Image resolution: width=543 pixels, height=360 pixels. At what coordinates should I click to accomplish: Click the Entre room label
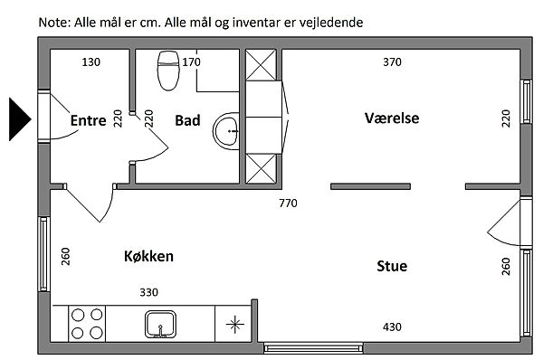89,120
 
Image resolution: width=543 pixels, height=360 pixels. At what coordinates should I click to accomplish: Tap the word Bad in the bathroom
187,120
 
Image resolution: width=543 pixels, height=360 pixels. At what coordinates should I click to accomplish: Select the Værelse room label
392,118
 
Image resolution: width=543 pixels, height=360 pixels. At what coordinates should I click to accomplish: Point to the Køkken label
148,256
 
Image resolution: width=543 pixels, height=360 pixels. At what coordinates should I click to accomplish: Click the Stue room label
392,266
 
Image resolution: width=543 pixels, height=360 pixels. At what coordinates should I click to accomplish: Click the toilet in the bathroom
168,71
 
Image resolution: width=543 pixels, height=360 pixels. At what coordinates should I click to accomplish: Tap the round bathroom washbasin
225,131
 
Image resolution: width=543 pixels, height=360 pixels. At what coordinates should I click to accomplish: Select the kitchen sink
160,324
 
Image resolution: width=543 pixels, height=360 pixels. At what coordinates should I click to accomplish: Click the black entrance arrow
20,119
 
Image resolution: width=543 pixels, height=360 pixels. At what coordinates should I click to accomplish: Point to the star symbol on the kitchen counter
234,325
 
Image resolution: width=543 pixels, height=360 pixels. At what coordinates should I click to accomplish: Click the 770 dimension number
288,204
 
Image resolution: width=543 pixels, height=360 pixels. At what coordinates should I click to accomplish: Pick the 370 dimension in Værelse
392,62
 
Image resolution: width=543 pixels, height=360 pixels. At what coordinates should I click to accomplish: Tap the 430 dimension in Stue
392,327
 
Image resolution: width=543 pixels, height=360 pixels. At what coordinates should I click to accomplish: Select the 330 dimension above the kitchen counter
149,292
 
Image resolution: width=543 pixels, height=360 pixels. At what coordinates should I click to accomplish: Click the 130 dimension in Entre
91,62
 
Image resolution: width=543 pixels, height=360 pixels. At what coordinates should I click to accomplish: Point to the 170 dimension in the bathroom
191,62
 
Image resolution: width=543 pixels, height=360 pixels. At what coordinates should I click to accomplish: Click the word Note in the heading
54,23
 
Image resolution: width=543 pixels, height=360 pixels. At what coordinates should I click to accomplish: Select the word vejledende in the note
331,23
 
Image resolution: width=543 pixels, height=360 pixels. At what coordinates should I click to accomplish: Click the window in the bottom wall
313,347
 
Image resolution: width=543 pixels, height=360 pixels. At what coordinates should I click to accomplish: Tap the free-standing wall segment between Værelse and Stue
370,186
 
